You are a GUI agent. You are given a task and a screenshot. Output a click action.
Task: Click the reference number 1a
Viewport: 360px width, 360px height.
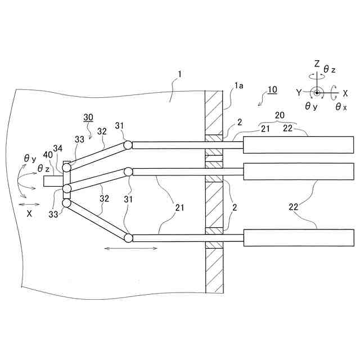click(x=238, y=86)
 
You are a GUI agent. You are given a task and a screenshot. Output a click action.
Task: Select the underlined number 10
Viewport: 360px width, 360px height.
click(x=272, y=89)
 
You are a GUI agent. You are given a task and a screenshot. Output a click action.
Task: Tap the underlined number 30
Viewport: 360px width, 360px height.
click(x=88, y=117)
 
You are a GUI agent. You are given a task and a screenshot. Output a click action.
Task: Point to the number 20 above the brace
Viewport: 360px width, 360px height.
click(x=279, y=115)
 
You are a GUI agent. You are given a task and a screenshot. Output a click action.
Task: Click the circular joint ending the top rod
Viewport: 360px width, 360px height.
click(x=129, y=145)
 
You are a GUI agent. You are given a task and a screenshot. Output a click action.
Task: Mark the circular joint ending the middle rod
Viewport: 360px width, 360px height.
click(x=129, y=171)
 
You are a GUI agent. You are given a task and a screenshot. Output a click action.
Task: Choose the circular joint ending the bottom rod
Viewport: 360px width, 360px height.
click(x=129, y=238)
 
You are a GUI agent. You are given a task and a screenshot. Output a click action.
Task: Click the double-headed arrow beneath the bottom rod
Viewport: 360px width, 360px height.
click(x=131, y=248)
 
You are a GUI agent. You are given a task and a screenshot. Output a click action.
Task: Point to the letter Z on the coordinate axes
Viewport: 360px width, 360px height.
click(x=317, y=64)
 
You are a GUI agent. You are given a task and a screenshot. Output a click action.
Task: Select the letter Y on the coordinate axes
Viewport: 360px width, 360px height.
click(x=299, y=92)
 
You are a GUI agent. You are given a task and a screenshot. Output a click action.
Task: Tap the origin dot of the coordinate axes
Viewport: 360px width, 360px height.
click(x=317, y=93)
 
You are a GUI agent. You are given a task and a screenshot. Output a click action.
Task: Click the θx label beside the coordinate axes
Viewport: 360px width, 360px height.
click(x=341, y=106)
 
